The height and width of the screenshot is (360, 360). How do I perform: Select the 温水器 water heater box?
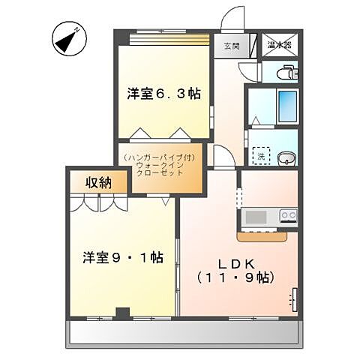[x=280, y=44]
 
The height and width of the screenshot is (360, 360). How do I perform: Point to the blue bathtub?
[x=286, y=107]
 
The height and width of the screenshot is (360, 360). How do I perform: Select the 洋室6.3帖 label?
[x=163, y=94]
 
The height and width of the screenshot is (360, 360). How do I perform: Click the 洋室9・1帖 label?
[x=123, y=257]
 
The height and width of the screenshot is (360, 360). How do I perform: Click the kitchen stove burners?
[x=288, y=216]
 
